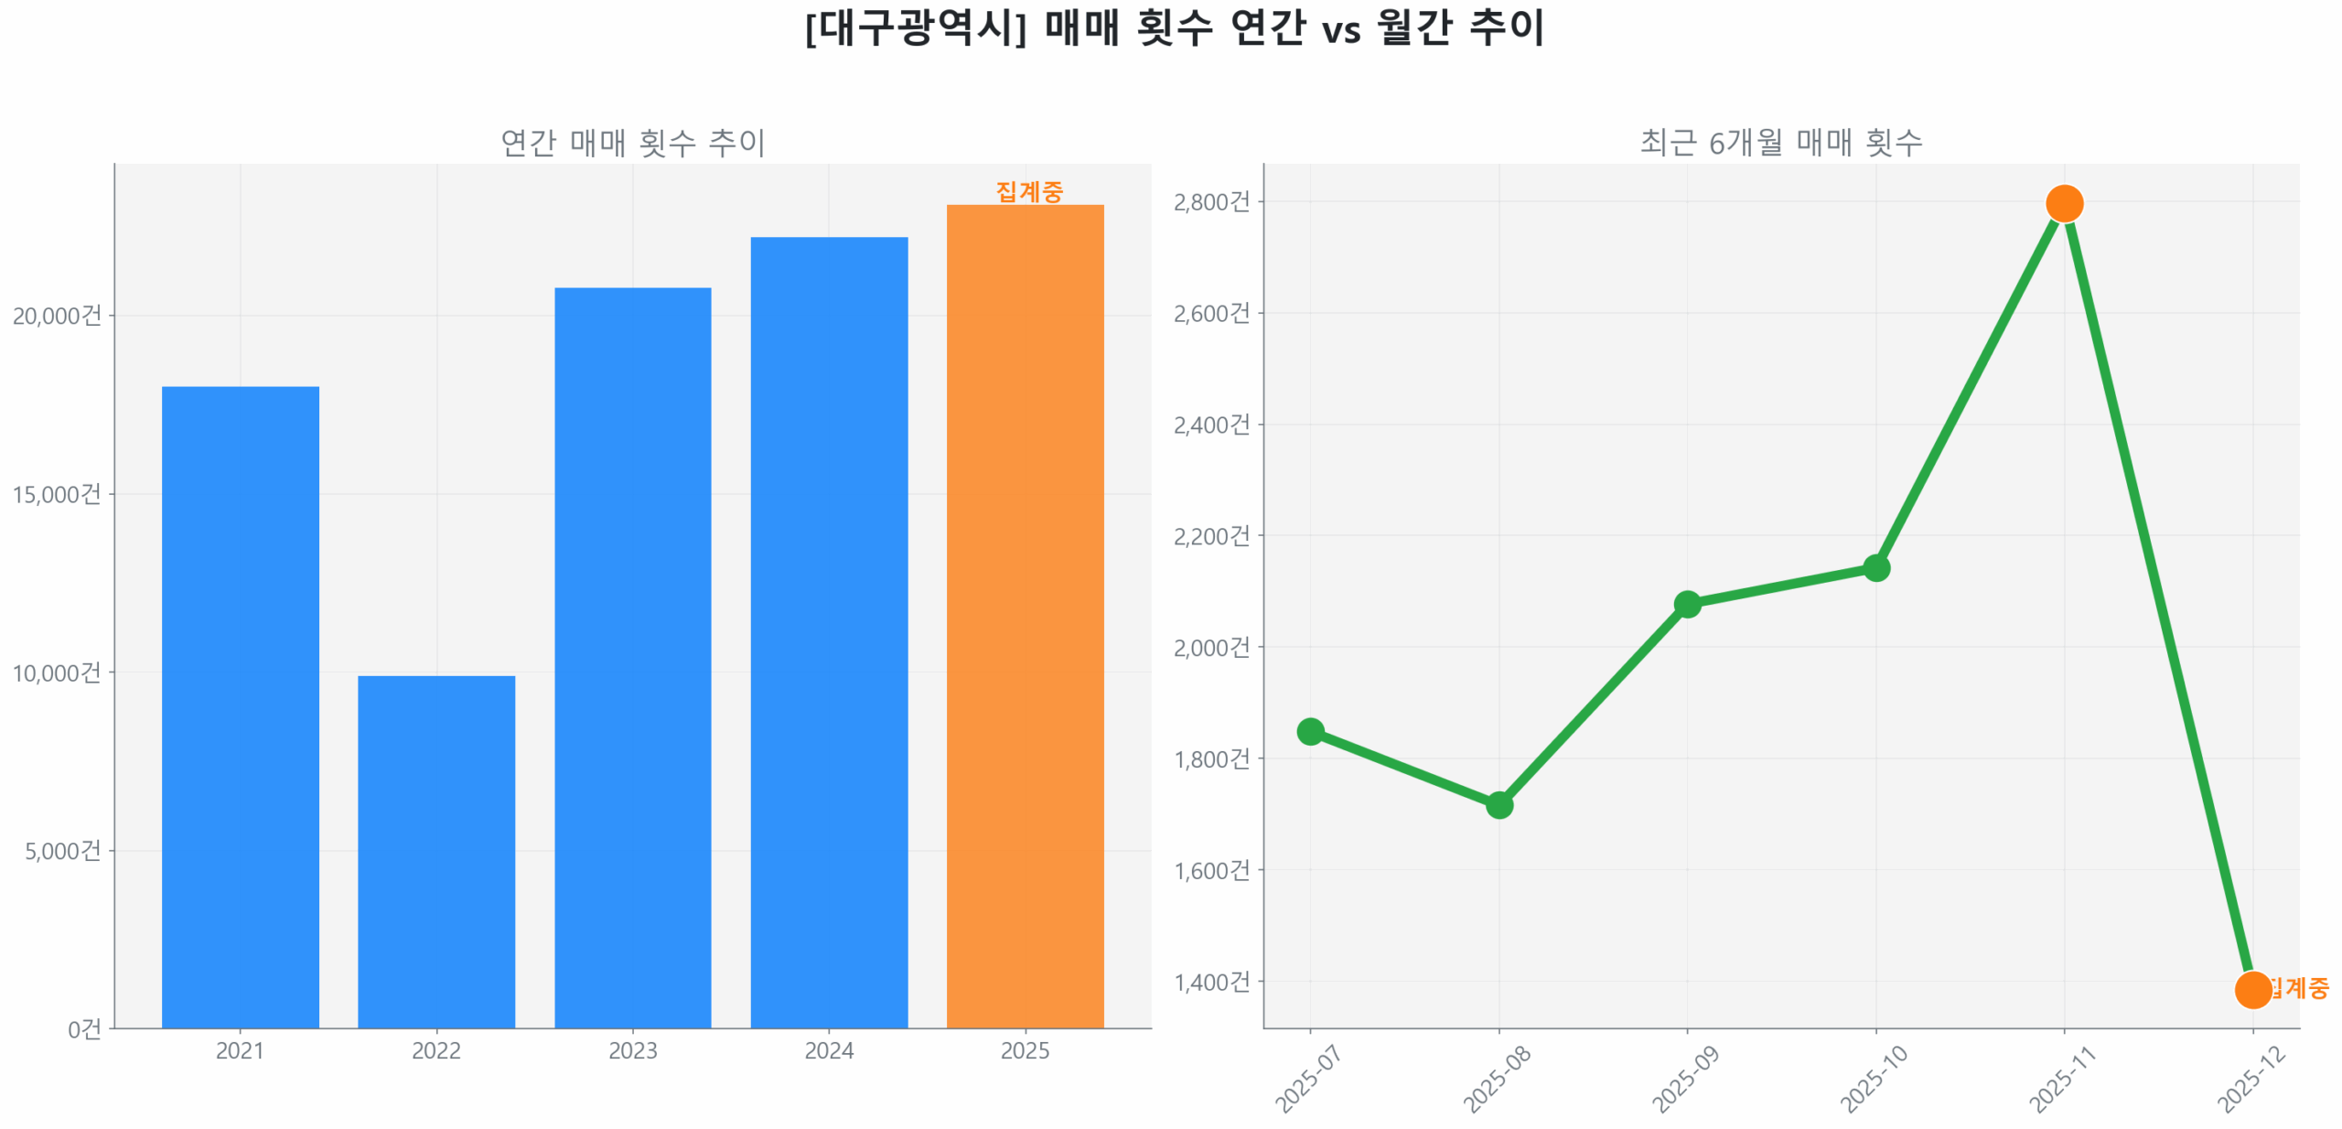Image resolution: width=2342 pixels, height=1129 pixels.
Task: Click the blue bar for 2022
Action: pyautogui.click(x=435, y=851)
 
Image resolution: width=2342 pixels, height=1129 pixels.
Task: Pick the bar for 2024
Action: pyautogui.click(x=829, y=632)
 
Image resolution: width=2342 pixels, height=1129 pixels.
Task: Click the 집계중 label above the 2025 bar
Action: pyautogui.click(x=1029, y=191)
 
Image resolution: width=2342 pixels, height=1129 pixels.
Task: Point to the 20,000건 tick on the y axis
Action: pyautogui.click(x=57, y=316)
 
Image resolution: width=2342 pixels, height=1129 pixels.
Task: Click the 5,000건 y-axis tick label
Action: pyautogui.click(x=62, y=851)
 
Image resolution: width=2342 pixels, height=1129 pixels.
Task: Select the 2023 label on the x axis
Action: pyautogui.click(x=632, y=1050)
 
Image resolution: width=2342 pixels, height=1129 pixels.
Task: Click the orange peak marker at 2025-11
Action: pyautogui.click(x=2064, y=203)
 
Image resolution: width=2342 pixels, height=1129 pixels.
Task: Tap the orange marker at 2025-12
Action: pyautogui.click(x=2252, y=989)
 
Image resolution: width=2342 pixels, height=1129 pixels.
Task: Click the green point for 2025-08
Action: pyautogui.click(x=1499, y=805)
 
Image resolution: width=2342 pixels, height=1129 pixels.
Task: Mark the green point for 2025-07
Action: pyautogui.click(x=1310, y=731)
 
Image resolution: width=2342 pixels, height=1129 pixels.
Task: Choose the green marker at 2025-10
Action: pyautogui.click(x=1875, y=568)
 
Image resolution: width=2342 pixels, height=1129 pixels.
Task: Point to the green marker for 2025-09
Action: pyautogui.click(x=1687, y=604)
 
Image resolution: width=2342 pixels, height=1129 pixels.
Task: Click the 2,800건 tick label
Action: pyautogui.click(x=1211, y=201)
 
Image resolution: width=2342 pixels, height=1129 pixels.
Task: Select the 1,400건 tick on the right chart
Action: pyautogui.click(x=1211, y=982)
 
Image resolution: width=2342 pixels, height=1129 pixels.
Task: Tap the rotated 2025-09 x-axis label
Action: pyautogui.click(x=1685, y=1079)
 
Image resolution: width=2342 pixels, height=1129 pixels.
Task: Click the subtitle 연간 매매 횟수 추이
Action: pyautogui.click(x=632, y=143)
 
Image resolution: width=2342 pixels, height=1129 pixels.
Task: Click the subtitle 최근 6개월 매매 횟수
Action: pyautogui.click(x=1780, y=143)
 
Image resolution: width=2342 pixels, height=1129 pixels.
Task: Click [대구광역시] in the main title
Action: pyautogui.click(x=916, y=27)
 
